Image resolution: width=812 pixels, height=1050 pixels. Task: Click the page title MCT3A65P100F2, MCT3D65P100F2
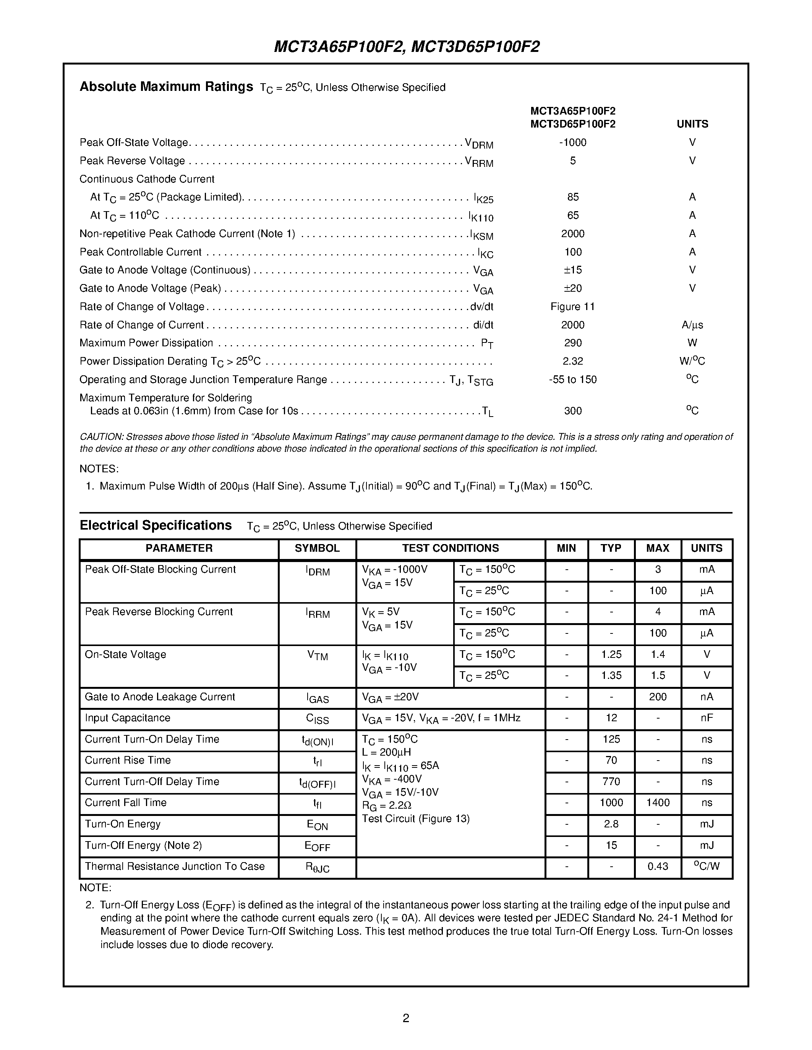tap(407, 47)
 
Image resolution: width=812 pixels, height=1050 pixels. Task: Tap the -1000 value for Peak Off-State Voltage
tap(572, 142)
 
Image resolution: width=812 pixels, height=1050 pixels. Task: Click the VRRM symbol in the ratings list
tap(479, 162)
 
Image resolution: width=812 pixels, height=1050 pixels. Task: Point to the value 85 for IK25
tap(572, 197)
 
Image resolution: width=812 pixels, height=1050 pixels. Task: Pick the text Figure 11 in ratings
tap(572, 307)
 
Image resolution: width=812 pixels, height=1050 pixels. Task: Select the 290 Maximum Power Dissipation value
tap(572, 343)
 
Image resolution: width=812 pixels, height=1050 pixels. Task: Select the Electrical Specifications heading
tap(156, 525)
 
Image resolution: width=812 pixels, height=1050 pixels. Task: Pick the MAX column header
tap(658, 549)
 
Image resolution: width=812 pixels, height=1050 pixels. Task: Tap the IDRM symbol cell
tap(317, 571)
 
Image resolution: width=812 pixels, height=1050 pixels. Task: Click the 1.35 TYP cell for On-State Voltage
tap(611, 675)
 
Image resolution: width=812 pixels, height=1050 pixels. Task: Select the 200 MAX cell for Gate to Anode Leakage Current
tap(658, 697)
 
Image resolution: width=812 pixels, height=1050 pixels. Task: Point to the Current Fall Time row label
tap(126, 803)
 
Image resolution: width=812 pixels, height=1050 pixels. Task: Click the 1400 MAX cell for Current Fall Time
tap(658, 803)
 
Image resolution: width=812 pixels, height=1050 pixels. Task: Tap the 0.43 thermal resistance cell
tap(658, 866)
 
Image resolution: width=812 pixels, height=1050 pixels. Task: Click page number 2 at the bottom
tap(405, 1018)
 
